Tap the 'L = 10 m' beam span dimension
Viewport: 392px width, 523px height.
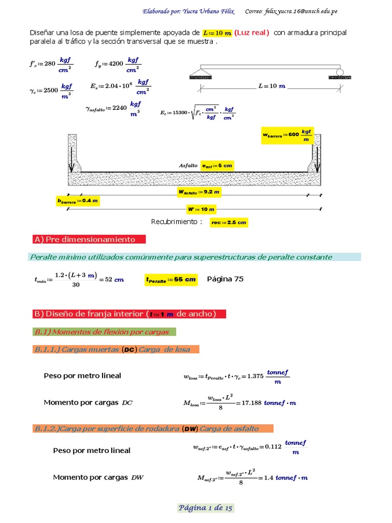pos(267,86)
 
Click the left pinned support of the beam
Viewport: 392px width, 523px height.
pos(201,74)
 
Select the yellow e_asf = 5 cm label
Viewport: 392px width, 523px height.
pos(217,166)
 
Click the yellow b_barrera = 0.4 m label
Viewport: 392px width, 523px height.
pos(78,201)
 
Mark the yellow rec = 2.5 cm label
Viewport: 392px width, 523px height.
pos(229,222)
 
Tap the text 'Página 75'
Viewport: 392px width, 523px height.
pos(225,279)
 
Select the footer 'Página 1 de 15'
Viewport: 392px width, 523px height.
pos(206,508)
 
